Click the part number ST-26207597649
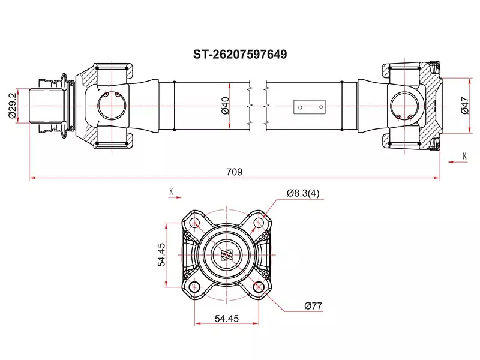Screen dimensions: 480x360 [x=239, y=55]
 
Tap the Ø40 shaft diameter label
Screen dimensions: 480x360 [x=225, y=106]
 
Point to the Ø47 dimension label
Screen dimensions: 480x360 [x=465, y=106]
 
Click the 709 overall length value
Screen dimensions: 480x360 [x=235, y=172]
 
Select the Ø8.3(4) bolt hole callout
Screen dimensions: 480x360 [x=303, y=193]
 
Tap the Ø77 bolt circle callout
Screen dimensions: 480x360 [x=313, y=306]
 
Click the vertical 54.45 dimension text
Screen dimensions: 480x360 [x=161, y=254]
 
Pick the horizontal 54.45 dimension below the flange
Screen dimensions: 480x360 [x=227, y=319]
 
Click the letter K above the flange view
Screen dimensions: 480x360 [x=171, y=191]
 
